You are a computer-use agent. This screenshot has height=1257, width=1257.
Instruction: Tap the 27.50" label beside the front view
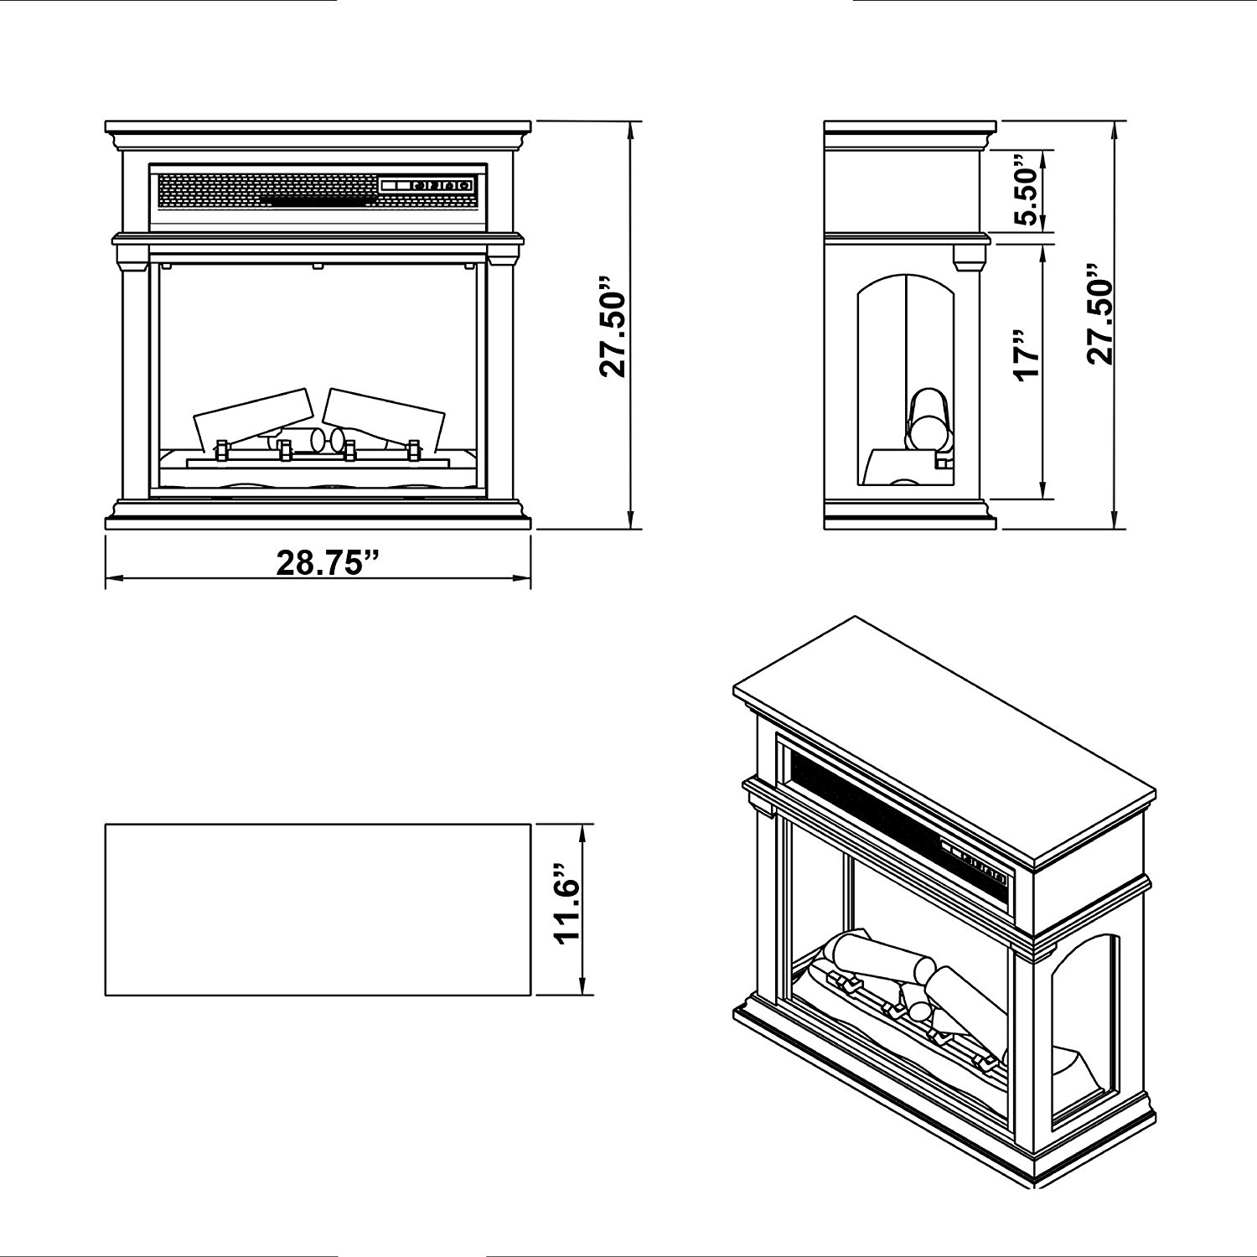pos(617,326)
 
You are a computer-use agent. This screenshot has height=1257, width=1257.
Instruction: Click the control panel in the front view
pos(426,185)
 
